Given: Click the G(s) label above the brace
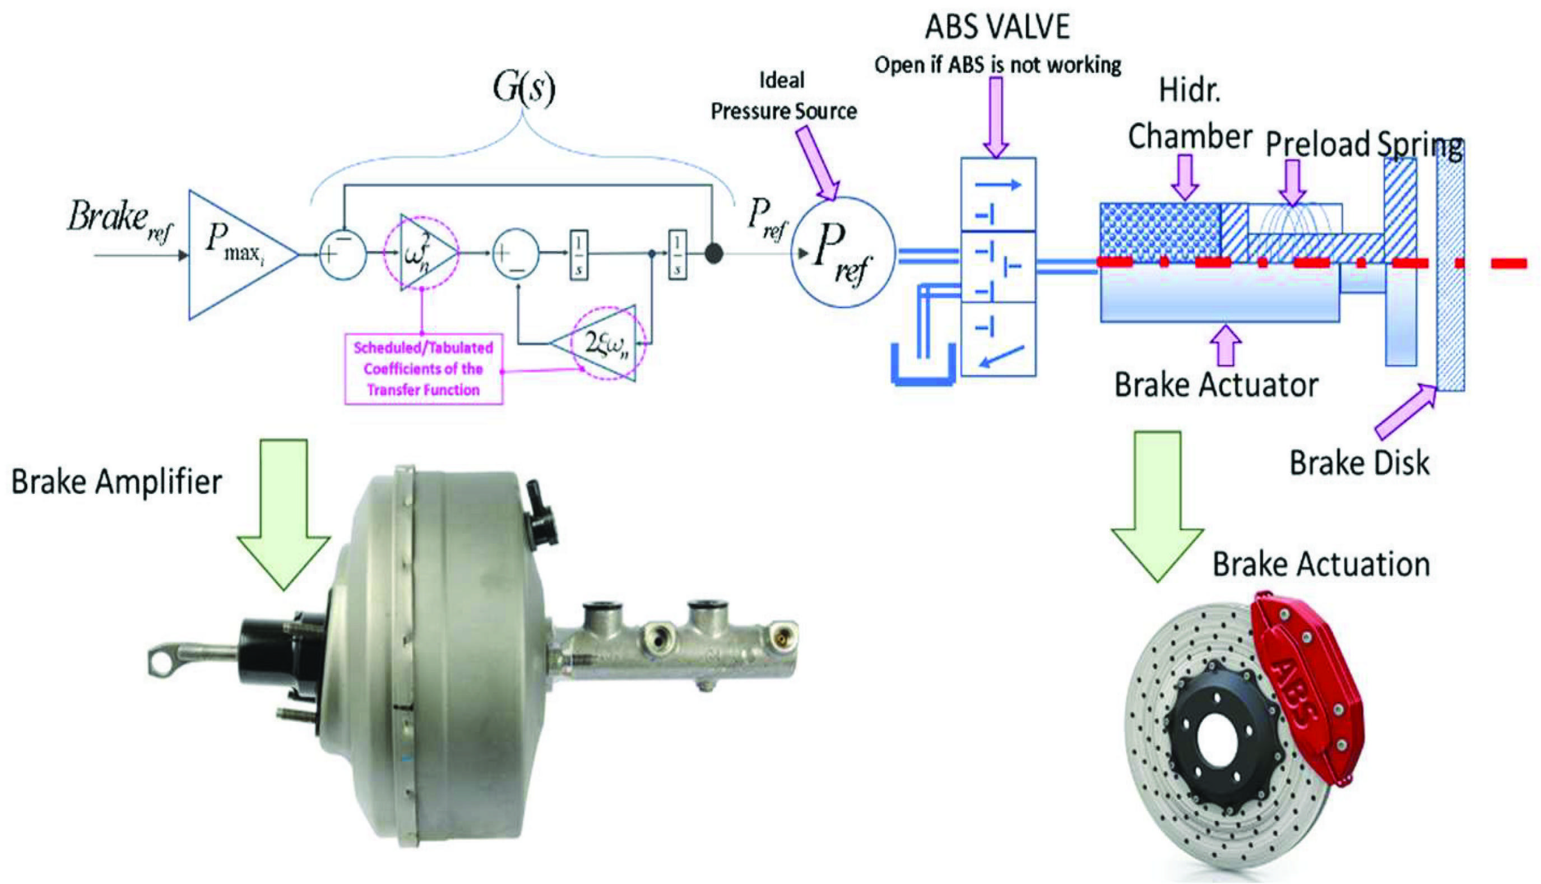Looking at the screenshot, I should click(x=523, y=89).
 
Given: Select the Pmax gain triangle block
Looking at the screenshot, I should click(x=236, y=254).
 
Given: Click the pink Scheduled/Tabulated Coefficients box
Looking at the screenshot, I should click(x=423, y=368).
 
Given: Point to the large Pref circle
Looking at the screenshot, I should click(x=842, y=252).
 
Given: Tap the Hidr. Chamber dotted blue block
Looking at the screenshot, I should click(x=1159, y=231).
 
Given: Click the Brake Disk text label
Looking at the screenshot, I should click(x=1359, y=462).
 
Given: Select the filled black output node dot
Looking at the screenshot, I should click(x=714, y=254).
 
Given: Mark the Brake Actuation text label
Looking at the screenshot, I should click(x=1321, y=564).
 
